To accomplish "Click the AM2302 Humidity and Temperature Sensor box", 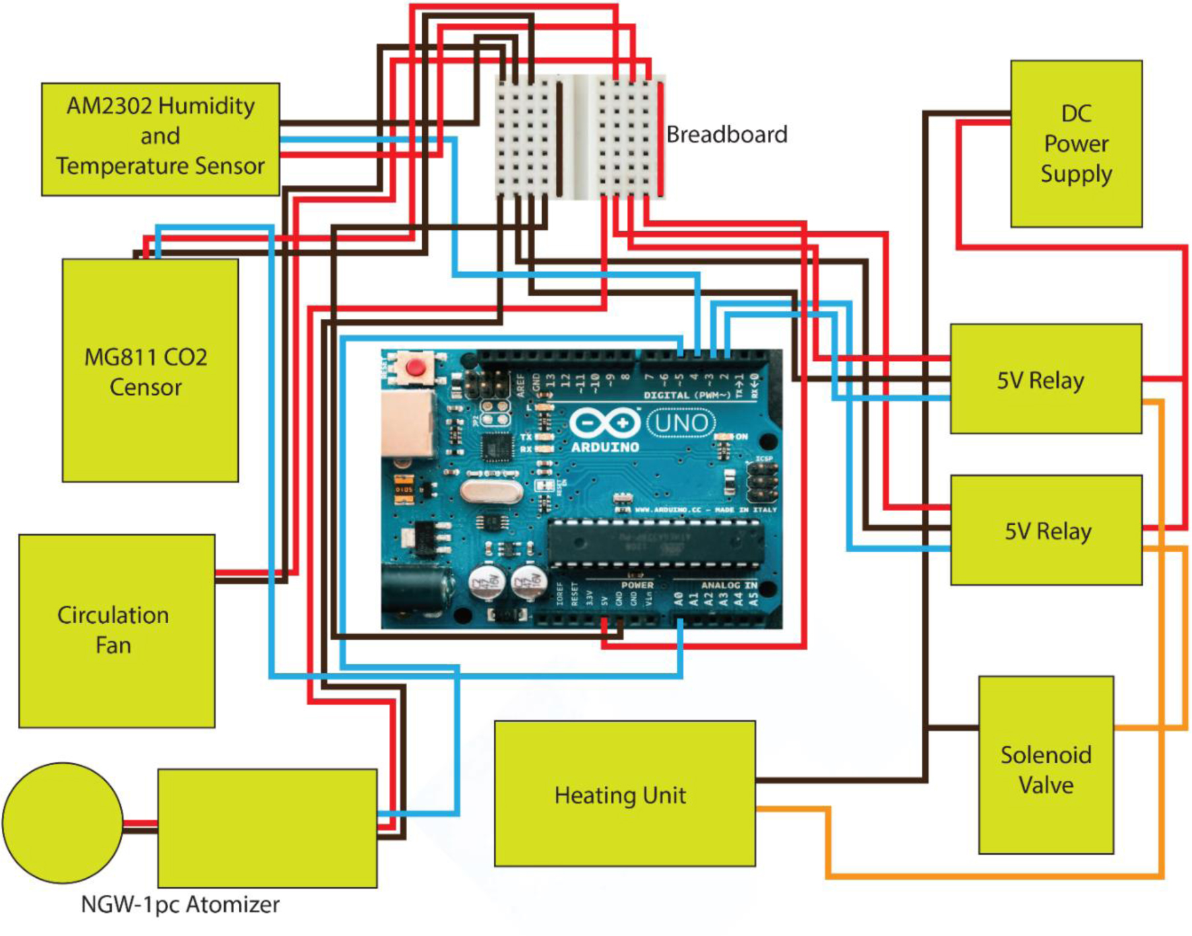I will click(160, 139).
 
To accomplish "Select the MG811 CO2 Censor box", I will click(150, 370).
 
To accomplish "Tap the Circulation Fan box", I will click(117, 630).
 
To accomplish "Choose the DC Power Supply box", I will click(1076, 144).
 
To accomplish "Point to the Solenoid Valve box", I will click(1046, 765).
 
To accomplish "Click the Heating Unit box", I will click(624, 793).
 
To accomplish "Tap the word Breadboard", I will click(726, 135).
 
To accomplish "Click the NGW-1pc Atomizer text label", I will click(180, 904).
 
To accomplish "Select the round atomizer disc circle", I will click(63, 822).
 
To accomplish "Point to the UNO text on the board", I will click(681, 422).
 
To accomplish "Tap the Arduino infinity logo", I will click(605, 422).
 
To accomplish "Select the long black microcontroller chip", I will click(656, 543).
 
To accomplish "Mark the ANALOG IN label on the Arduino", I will click(729, 585).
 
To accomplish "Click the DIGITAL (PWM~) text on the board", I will click(686, 395).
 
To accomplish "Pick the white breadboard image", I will click(580, 137).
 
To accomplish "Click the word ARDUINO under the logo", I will click(605, 447).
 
